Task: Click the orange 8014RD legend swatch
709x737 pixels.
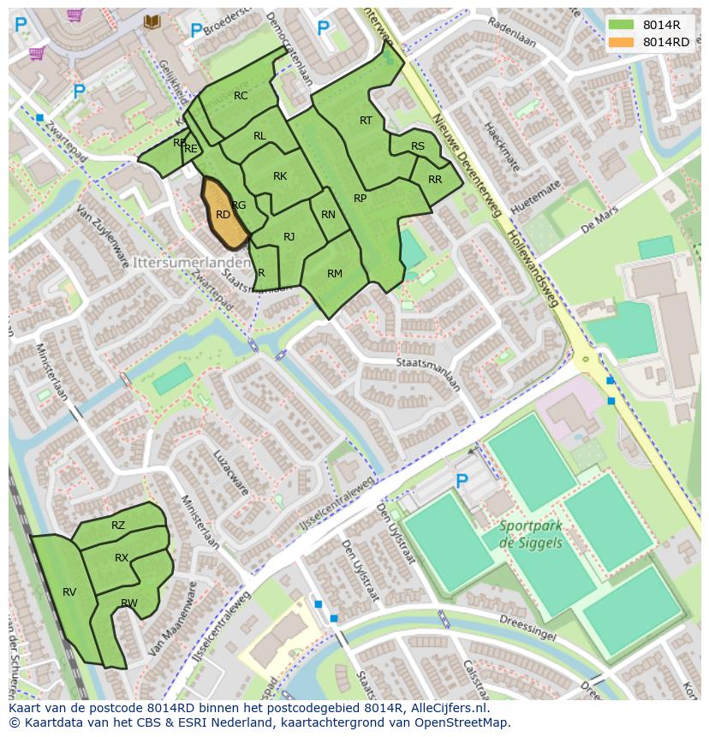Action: pyautogui.click(x=623, y=42)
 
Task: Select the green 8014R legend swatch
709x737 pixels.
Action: pyautogui.click(x=623, y=25)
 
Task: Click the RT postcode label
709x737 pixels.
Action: pyautogui.click(x=366, y=121)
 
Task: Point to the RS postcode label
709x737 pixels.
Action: pyautogui.click(x=418, y=146)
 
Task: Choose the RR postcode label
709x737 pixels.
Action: pyautogui.click(x=435, y=180)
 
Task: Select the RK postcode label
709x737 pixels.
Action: pyautogui.click(x=280, y=176)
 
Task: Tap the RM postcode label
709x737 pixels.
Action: pyautogui.click(x=335, y=274)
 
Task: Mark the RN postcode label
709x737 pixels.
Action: pyautogui.click(x=328, y=215)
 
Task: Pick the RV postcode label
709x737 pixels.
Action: pyautogui.click(x=69, y=591)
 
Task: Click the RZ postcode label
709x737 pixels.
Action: pyautogui.click(x=118, y=526)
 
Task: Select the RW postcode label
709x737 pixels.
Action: pyautogui.click(x=129, y=603)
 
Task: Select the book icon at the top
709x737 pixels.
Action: pyautogui.click(x=152, y=21)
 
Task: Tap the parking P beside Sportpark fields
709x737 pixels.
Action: pyautogui.click(x=462, y=482)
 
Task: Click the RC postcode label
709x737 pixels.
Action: pyautogui.click(x=241, y=96)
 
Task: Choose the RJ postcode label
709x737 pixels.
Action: pyautogui.click(x=289, y=237)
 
